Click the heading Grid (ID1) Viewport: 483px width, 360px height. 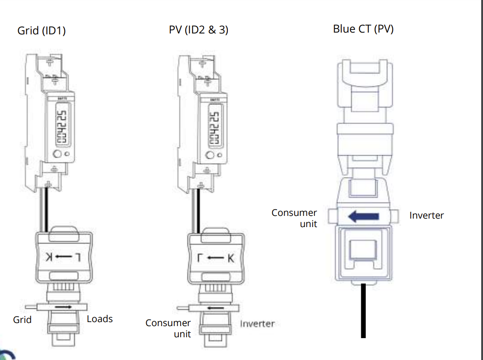(41, 31)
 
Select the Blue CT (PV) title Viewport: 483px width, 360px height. (363, 29)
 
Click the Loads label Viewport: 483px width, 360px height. (99, 319)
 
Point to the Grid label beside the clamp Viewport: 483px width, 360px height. (22, 319)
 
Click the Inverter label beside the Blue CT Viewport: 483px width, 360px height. (426, 215)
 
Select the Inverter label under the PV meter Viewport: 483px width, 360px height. (257, 323)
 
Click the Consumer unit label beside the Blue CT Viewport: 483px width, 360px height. (295, 218)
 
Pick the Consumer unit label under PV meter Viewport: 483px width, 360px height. (169, 328)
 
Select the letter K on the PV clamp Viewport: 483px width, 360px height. (230, 257)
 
